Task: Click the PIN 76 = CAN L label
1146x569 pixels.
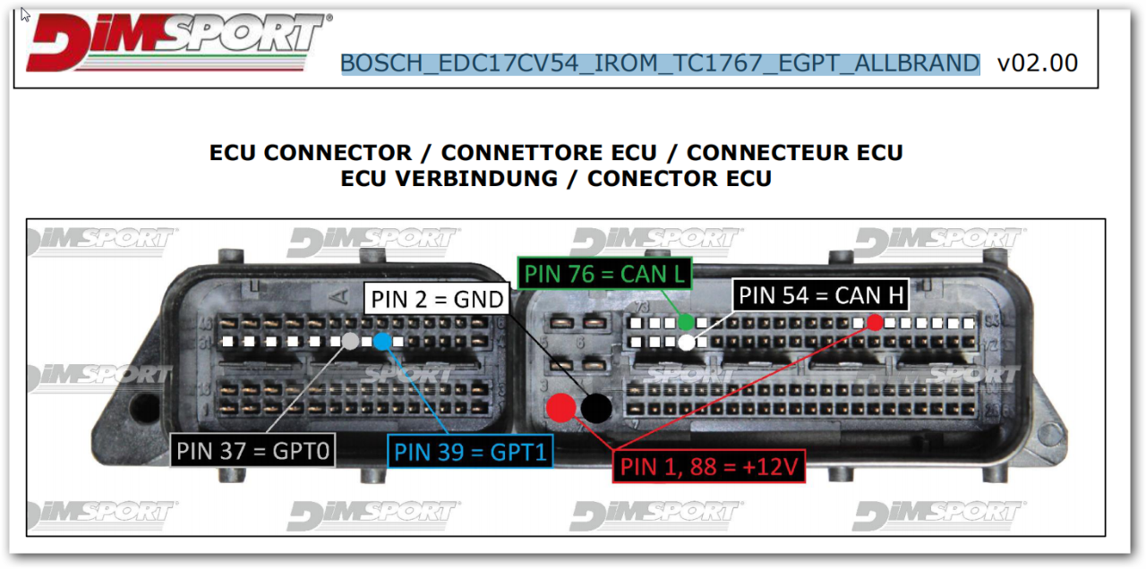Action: pos(604,274)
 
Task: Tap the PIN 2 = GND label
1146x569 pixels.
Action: pos(437,299)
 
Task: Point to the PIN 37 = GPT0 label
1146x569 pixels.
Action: pos(252,450)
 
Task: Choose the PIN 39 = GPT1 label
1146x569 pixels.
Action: pos(470,452)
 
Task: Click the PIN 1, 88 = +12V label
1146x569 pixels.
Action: pos(707,466)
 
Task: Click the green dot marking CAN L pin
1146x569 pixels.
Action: pos(686,322)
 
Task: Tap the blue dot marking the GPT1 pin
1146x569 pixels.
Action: pos(382,341)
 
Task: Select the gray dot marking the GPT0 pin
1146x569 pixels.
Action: pos(351,341)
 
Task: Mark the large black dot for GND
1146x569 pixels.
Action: pos(596,408)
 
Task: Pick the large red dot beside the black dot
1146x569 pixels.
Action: pos(561,408)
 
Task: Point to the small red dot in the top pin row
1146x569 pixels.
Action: pos(875,322)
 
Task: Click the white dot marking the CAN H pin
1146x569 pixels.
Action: pos(686,342)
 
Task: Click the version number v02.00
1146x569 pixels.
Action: pos(1038,63)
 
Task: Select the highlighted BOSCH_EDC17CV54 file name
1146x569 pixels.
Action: pos(660,64)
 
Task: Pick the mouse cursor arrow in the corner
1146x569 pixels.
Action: pos(25,15)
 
